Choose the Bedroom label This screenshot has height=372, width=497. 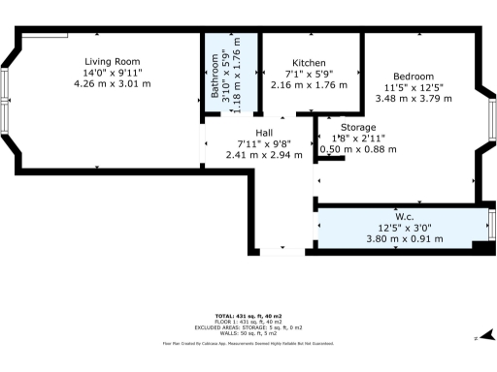pyautogui.click(x=413, y=76)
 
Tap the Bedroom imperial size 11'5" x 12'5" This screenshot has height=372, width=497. pyautogui.click(x=413, y=87)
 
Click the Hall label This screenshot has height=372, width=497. pyautogui.click(x=263, y=133)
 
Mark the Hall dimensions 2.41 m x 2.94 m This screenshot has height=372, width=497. pyautogui.click(x=263, y=155)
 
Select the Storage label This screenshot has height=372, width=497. pyautogui.click(x=358, y=127)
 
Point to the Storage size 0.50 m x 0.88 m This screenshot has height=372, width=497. pyautogui.click(x=358, y=149)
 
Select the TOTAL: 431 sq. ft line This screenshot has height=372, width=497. pyautogui.click(x=248, y=316)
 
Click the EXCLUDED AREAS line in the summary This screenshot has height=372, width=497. pyautogui.click(x=248, y=327)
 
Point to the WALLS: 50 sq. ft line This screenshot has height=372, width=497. pyautogui.click(x=248, y=333)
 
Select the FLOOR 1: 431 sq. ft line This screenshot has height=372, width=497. pyautogui.click(x=248, y=322)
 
